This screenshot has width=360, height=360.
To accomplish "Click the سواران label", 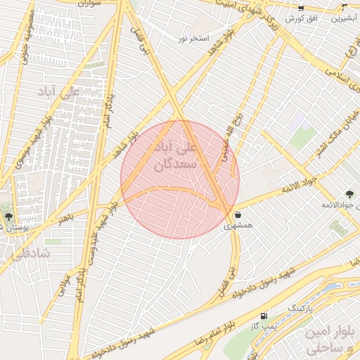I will tap(89, 4).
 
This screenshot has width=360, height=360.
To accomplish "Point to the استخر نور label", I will tap(194, 37).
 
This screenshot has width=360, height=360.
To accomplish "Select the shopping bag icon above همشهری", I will tap(238, 214).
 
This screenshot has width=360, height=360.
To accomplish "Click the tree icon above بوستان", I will tap(8, 217).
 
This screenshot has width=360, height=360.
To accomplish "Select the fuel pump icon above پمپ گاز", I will tap(264, 316).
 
